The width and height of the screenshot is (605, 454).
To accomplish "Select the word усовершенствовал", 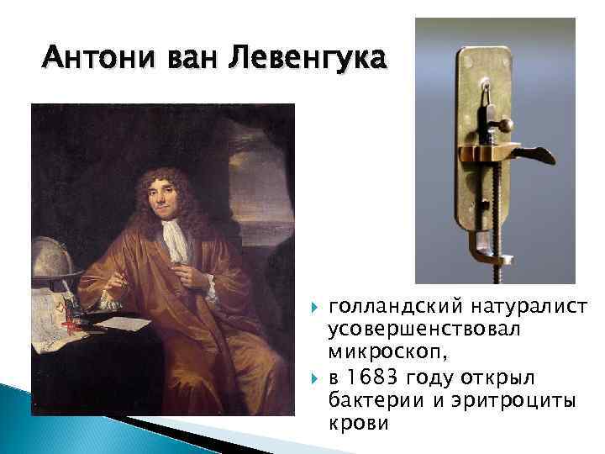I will coord(425,329).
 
